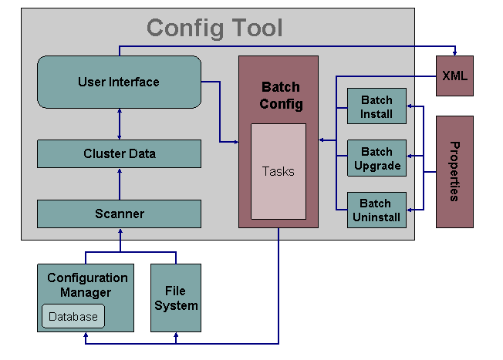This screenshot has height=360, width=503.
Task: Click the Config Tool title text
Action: click(x=214, y=29)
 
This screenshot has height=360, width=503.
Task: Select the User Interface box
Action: click(x=119, y=82)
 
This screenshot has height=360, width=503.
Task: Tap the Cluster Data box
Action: click(x=119, y=153)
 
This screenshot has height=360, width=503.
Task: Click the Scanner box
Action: click(x=119, y=214)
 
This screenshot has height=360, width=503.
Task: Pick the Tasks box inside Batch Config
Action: click(x=278, y=171)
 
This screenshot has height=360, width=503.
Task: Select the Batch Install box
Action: click(x=376, y=107)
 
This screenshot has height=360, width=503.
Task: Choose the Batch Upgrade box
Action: click(x=376, y=159)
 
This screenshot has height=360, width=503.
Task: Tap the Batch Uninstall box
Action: click(x=376, y=210)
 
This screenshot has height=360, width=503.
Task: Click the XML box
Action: click(x=454, y=76)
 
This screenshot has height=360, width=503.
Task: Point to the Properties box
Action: click(x=454, y=172)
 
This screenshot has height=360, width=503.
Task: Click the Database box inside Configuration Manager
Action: click(x=73, y=316)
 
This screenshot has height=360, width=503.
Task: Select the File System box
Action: click(x=176, y=298)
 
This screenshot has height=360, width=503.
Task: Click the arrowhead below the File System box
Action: click(x=176, y=335)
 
